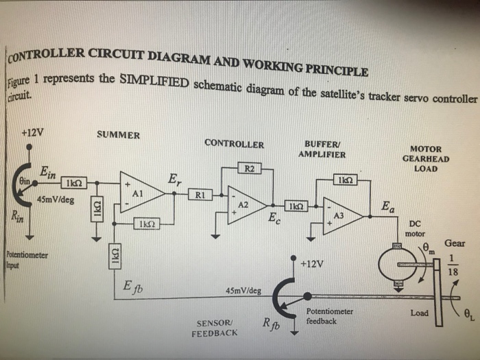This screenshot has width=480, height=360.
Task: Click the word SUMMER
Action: point(119,135)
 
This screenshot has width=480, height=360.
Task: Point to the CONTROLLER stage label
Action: point(234,144)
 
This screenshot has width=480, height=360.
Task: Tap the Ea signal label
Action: point(388,205)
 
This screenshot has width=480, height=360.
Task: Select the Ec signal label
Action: point(273,219)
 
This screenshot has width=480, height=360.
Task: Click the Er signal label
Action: point(175,181)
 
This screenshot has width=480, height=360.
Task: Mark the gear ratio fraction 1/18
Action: point(452,264)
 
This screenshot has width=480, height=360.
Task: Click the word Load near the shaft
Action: point(419,313)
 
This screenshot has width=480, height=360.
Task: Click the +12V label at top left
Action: point(32,132)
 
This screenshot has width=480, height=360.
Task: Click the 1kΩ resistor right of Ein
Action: point(73,183)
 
